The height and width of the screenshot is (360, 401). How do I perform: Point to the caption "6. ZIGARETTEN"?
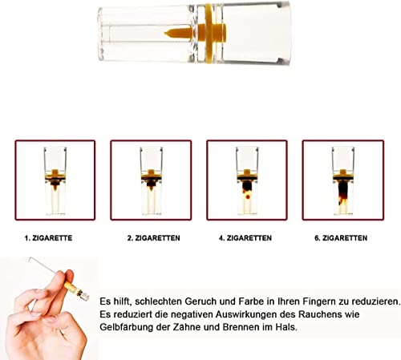340,239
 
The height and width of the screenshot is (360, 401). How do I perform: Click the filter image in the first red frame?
55,180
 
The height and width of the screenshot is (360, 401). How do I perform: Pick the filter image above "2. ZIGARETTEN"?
150,180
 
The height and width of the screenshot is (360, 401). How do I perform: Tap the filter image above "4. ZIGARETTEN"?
246,180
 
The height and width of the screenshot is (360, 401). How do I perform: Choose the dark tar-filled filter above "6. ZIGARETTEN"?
341,180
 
